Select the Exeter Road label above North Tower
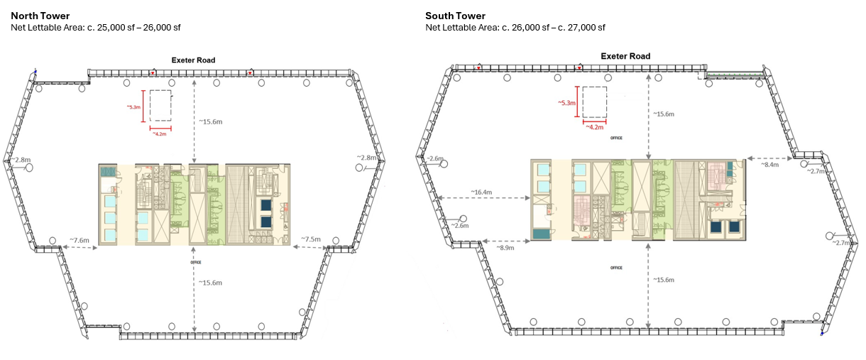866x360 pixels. click(193, 60)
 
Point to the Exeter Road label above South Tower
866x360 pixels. click(625, 56)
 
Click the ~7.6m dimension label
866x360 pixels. click(80, 241)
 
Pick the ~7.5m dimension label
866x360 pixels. click(311, 239)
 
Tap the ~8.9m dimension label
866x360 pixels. click(505, 248)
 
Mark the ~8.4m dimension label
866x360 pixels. click(770, 165)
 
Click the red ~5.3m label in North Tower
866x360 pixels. click(133, 107)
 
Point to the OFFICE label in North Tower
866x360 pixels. click(196, 263)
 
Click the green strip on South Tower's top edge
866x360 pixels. click(736, 74)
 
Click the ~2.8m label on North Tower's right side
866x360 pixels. click(368, 158)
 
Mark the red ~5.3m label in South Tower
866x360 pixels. click(567, 103)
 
